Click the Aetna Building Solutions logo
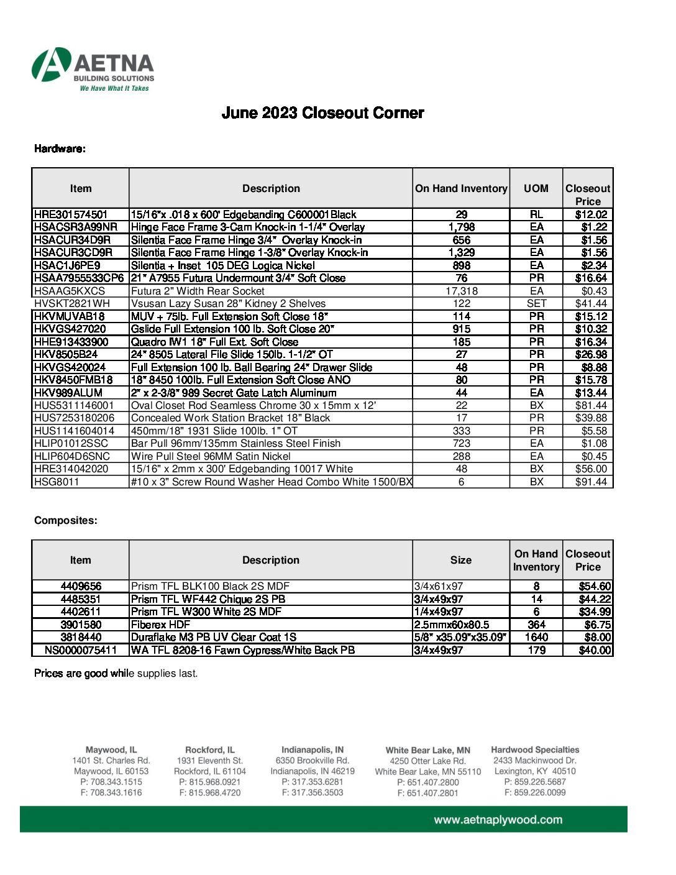pyautogui.click(x=93, y=69)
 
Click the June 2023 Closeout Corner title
pyautogui.click(x=322, y=113)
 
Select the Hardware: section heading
pyautogui.click(x=60, y=149)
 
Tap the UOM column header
pyautogui.click(x=536, y=188)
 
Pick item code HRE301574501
pyautogui.click(x=71, y=214)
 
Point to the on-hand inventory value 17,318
pyautogui.click(x=461, y=291)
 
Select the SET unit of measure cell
pyautogui.click(x=536, y=303)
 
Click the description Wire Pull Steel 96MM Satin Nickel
pyautogui.click(x=211, y=456)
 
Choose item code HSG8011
pyautogui.click(x=57, y=482)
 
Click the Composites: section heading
pyautogui.click(x=65, y=521)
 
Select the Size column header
pyautogui.click(x=460, y=560)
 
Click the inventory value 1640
pyautogui.click(x=536, y=637)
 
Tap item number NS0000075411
pyautogui.click(x=81, y=650)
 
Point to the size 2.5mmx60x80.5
pyautogui.click(x=452, y=625)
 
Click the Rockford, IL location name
pyautogui.click(x=210, y=750)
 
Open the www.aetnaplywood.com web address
pyautogui.click(x=498, y=820)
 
